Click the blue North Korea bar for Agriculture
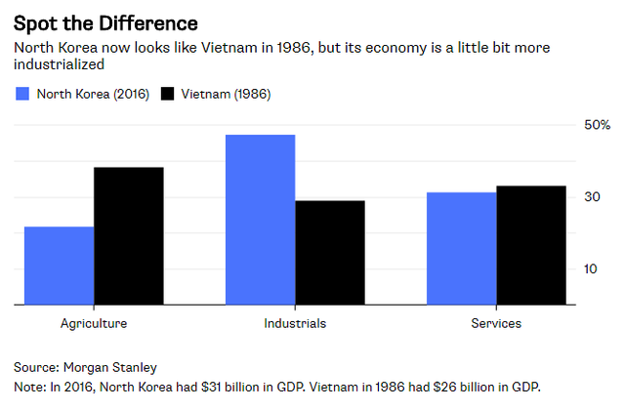click(x=59, y=266)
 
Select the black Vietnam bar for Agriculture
click(x=128, y=236)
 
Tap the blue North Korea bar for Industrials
click(x=260, y=220)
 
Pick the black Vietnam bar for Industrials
click(x=329, y=253)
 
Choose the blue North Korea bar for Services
click(x=461, y=249)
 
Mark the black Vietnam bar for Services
click(x=530, y=245)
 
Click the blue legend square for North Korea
click(x=21, y=95)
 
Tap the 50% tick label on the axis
click(x=598, y=126)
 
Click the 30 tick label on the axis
click(x=592, y=197)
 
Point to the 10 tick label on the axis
click(x=592, y=269)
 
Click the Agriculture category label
click(x=93, y=323)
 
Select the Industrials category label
click(x=295, y=323)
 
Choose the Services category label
click(x=495, y=323)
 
